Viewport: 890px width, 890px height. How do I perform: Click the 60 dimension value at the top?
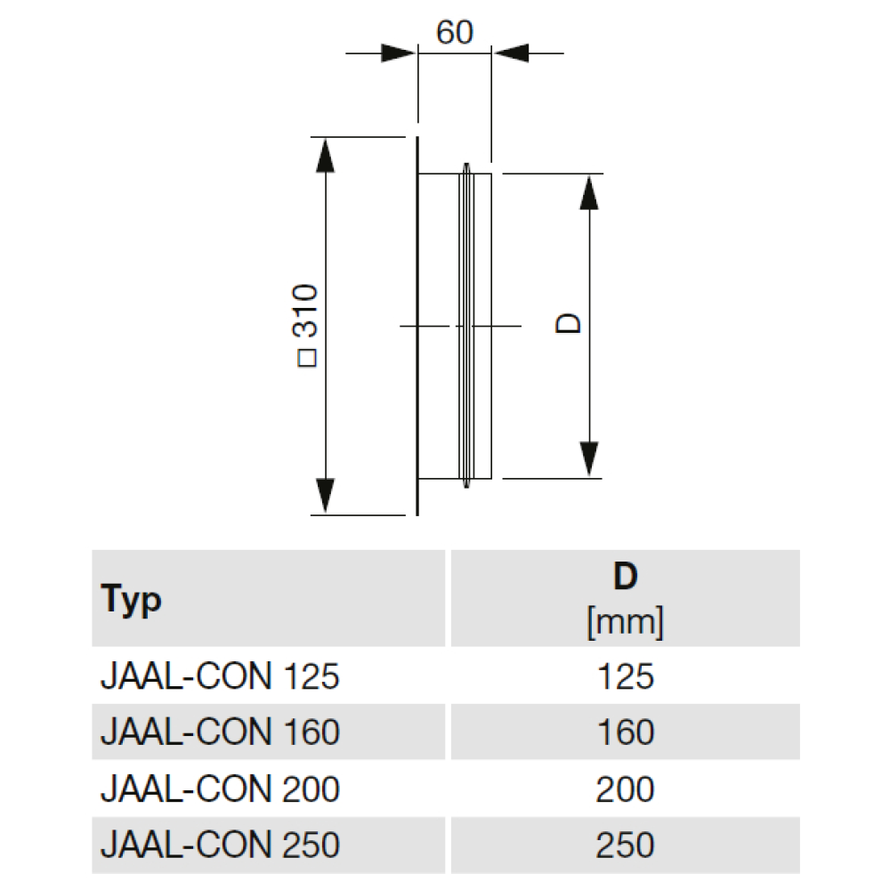click(x=454, y=32)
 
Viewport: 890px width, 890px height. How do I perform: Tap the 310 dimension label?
click(x=305, y=311)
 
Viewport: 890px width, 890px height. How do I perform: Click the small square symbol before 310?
click(x=307, y=358)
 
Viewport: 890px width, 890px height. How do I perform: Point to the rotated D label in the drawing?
click(x=569, y=324)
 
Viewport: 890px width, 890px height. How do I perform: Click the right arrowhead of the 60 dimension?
click(x=511, y=53)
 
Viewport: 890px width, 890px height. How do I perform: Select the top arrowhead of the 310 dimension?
click(x=325, y=155)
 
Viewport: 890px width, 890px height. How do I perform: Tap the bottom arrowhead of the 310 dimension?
click(x=325, y=496)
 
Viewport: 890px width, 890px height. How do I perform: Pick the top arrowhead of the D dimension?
click(x=589, y=192)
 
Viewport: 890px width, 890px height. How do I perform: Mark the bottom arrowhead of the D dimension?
click(x=589, y=459)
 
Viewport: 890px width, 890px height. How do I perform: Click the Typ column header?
click(x=131, y=600)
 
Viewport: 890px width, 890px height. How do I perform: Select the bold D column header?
click(x=625, y=576)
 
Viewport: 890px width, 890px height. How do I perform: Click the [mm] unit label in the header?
click(x=625, y=622)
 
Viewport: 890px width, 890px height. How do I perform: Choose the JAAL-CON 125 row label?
click(x=220, y=676)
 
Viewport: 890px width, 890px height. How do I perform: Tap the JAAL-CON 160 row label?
click(x=220, y=732)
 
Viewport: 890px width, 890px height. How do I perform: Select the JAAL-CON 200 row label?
click(x=220, y=789)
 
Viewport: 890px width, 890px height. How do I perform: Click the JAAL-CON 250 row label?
click(x=220, y=845)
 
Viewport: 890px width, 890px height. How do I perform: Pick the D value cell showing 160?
click(x=626, y=732)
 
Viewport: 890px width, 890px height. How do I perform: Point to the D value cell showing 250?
click(x=625, y=845)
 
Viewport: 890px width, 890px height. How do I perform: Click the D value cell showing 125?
click(x=626, y=676)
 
